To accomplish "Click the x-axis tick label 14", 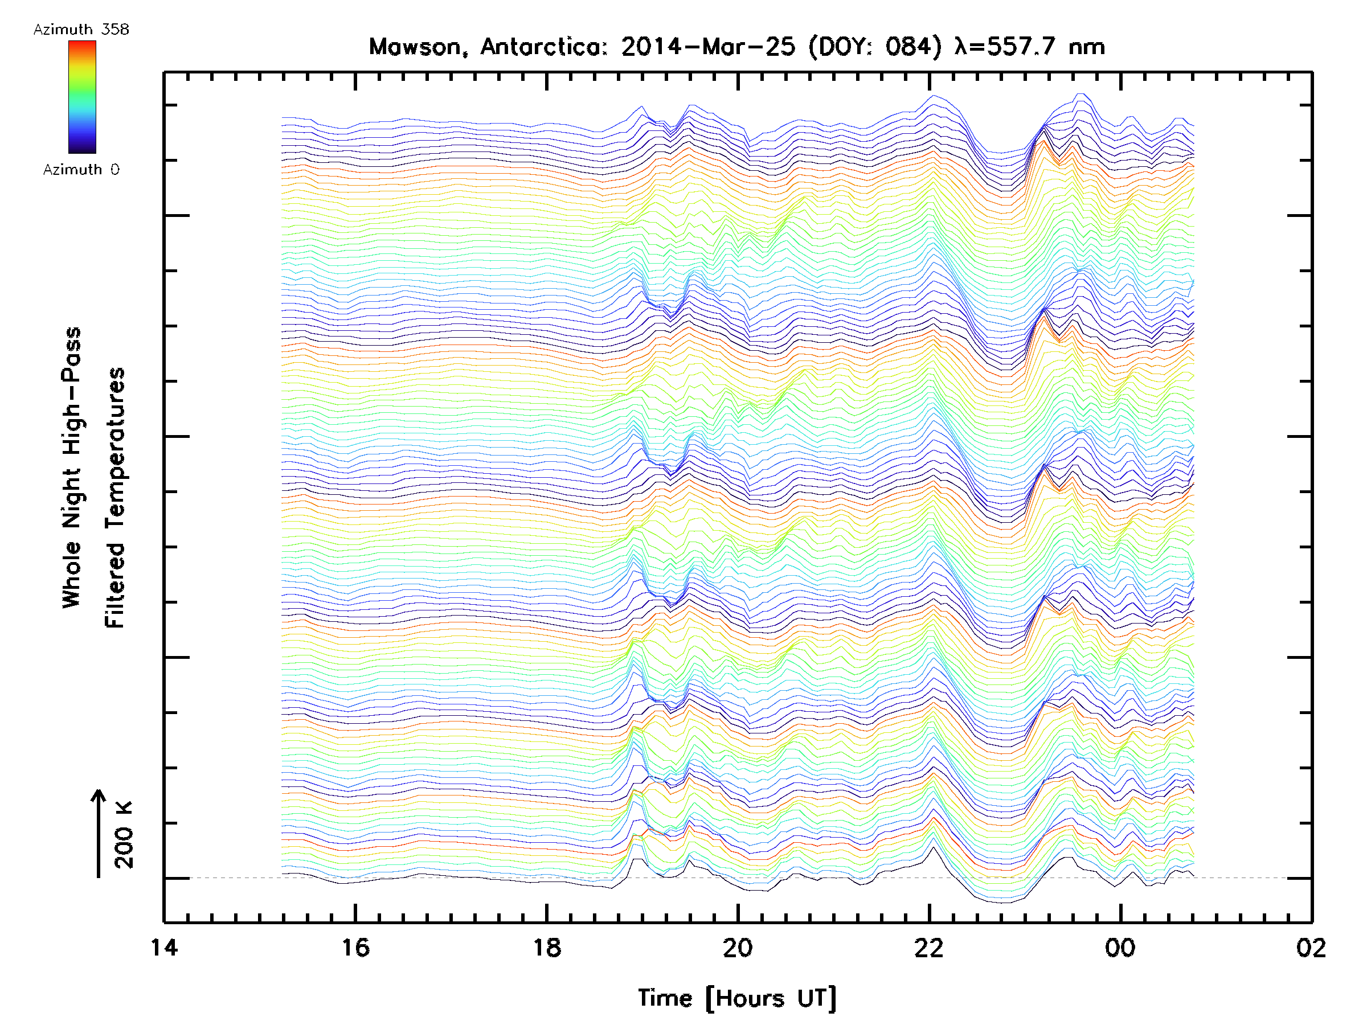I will pyautogui.click(x=165, y=947).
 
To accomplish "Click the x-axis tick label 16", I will pyautogui.click(x=355, y=947).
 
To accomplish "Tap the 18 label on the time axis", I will pyautogui.click(x=546, y=947).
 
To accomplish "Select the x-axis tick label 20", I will pyautogui.click(x=737, y=947).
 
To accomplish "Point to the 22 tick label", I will pyautogui.click(x=928, y=947).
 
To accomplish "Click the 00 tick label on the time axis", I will pyautogui.click(x=1120, y=947).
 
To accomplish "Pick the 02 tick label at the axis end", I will pyautogui.click(x=1310, y=947).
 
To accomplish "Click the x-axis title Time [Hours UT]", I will pyautogui.click(x=737, y=998).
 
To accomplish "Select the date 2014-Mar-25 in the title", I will pyautogui.click(x=707, y=47).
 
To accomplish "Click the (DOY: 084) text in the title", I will pyautogui.click(x=875, y=47).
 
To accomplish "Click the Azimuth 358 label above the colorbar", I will pyautogui.click(x=81, y=30).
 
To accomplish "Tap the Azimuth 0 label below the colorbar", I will pyautogui.click(x=81, y=169).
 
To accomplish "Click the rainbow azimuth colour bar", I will pyautogui.click(x=82, y=97).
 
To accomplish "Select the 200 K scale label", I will pyautogui.click(x=124, y=835).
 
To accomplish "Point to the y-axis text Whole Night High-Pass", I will pyautogui.click(x=72, y=468).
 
